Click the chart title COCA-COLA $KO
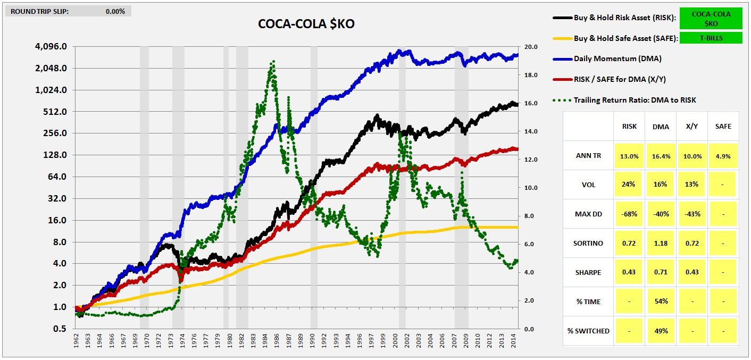306,24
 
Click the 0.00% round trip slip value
115,11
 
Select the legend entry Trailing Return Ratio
634,100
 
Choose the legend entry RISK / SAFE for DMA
619,79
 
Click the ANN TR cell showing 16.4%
660,156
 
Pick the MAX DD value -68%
629,214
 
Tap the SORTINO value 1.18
660,243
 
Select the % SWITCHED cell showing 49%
660,331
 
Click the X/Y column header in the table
691,127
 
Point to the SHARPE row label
588,272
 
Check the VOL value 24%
629,185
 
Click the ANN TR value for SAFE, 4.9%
722,156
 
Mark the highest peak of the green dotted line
273,62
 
